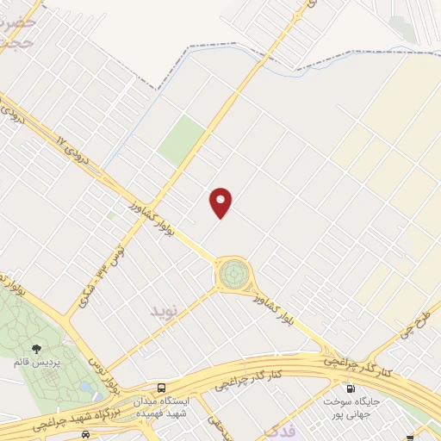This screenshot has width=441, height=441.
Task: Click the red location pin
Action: [x=221, y=202]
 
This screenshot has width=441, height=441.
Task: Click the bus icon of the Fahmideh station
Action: [x=162, y=388]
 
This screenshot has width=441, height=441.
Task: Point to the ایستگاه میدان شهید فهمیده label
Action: [x=165, y=407]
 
